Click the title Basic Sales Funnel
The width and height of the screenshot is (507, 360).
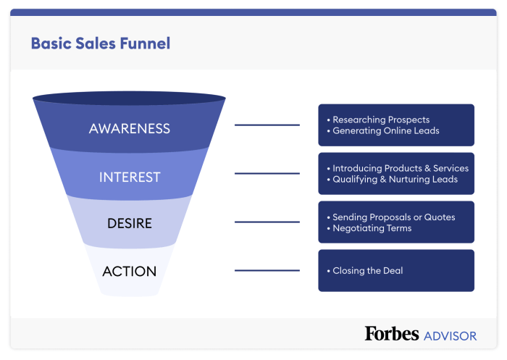pos(101,43)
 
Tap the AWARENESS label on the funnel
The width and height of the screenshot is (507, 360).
pos(129,129)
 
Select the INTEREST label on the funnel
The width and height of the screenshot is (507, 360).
pos(129,177)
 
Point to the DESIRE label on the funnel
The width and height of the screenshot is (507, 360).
pos(129,223)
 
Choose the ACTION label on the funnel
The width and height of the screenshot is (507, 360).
pos(129,272)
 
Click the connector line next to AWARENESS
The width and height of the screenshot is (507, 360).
pos(267,125)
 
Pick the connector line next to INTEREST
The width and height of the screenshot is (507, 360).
pos(267,174)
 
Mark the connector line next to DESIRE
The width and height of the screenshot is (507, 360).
pos(267,222)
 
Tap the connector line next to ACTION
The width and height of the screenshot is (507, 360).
pos(267,271)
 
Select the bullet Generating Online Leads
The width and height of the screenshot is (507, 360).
pos(385,131)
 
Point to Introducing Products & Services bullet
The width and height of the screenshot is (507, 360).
pos(400,168)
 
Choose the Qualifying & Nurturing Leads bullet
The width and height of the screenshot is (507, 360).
pos(395,180)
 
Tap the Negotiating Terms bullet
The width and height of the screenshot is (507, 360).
pos(372,228)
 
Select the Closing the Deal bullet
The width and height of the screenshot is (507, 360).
pos(367,271)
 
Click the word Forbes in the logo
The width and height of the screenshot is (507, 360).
pos(392,334)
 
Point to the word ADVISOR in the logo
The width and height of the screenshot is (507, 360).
pos(450,336)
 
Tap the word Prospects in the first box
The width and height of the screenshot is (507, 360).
pos(406,120)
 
